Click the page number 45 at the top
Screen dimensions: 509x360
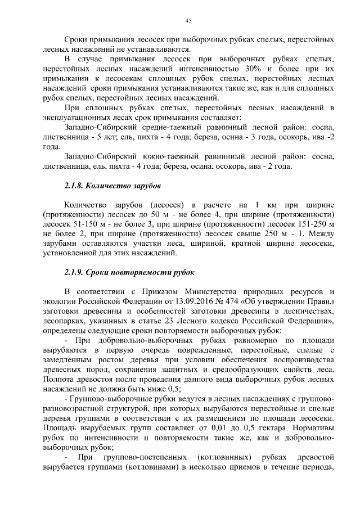pyautogui.click(x=188, y=21)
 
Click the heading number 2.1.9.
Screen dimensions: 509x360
pyautogui.click(x=75, y=273)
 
